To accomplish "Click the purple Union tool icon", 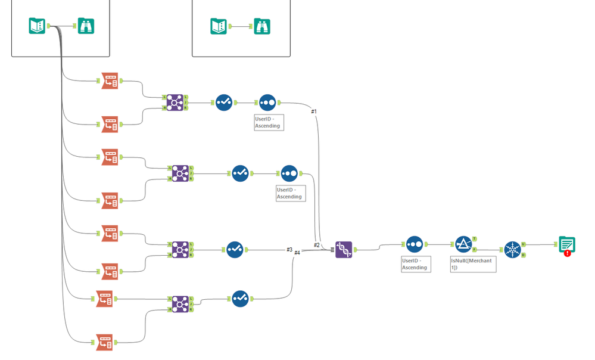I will pos(344,249).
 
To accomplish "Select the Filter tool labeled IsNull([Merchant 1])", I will pos(463,244).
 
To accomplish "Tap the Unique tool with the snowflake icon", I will pos(512,249).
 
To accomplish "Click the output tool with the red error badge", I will pos(567,245).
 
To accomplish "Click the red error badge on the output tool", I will pos(568,253).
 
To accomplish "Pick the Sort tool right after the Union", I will pos(415,244).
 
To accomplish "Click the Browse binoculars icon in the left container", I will pos(86,26).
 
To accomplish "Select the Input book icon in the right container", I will pos(219,26).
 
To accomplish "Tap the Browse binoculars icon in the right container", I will pos(262,26).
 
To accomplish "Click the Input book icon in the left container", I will pos(38,26).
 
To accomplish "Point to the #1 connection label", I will pos(314,111).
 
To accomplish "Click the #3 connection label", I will pos(289,250).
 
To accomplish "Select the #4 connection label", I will pos(297,253).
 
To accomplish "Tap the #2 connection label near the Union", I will pos(317,245).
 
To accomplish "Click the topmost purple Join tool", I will pos(174,103).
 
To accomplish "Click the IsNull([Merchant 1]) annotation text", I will pos(472,264).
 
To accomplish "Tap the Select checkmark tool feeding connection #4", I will pos(239,298).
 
